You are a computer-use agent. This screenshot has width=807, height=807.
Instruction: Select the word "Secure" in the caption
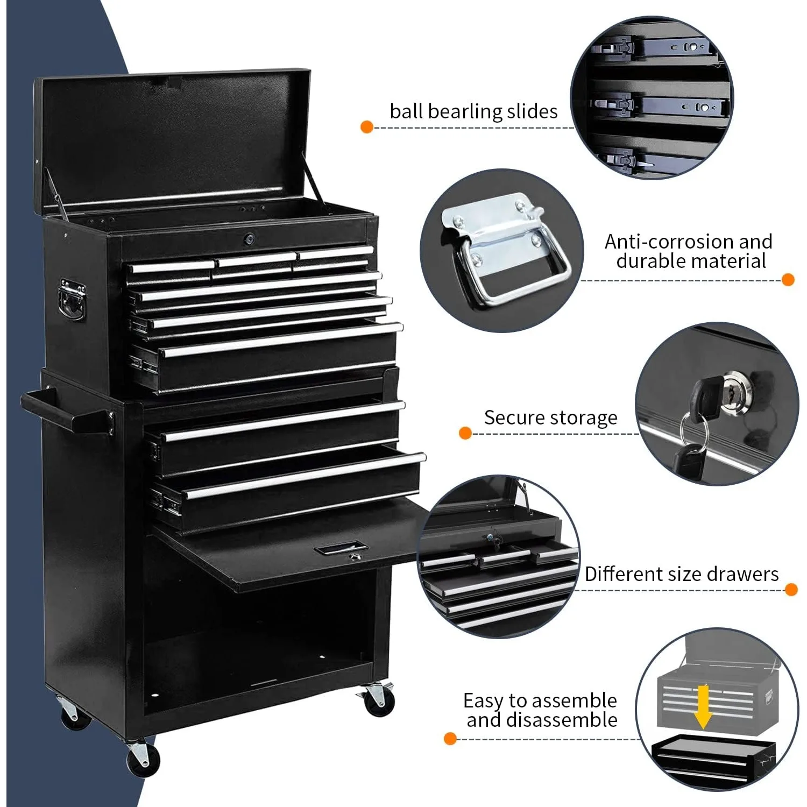(511, 417)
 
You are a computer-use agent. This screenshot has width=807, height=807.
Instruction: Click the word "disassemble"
(562, 720)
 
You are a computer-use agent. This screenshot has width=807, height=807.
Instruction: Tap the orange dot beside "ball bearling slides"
(367, 128)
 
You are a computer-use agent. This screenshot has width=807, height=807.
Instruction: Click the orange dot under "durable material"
(788, 280)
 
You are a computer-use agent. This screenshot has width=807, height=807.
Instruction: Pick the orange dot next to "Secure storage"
(465, 433)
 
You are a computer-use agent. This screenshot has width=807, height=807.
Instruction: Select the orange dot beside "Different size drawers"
(791, 590)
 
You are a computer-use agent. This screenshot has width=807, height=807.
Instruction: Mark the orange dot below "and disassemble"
(450, 739)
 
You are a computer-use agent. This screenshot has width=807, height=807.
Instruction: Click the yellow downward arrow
(702, 706)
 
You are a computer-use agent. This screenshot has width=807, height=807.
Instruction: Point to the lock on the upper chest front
(249, 238)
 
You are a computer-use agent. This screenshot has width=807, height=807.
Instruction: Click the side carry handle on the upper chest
(72, 300)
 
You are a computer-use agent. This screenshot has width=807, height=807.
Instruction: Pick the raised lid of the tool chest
(172, 140)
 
